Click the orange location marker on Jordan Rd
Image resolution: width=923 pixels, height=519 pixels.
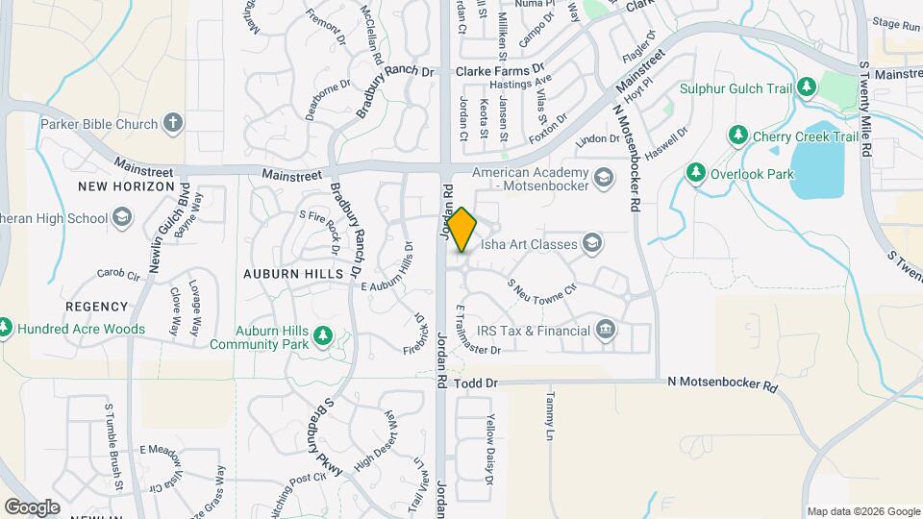click(462, 230)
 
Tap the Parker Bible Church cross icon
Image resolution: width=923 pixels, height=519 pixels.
click(173, 123)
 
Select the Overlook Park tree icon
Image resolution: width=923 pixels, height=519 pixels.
click(695, 173)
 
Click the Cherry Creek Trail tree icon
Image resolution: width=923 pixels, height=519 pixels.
click(738, 136)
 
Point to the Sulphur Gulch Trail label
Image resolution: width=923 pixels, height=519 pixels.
click(736, 88)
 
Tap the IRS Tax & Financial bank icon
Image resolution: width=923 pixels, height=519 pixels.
click(605, 330)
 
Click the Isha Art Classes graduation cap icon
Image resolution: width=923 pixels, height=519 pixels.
click(591, 243)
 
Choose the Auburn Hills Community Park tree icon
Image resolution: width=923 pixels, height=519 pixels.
click(324, 335)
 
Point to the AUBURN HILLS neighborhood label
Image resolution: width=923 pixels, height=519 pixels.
click(293, 274)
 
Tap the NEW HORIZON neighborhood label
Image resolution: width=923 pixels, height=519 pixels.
click(127, 186)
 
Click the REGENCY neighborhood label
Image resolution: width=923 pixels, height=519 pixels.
click(96, 307)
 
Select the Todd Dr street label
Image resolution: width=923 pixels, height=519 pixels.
click(477, 383)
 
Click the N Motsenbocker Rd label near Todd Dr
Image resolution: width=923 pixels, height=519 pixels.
click(722, 383)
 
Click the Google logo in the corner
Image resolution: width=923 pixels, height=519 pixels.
click(32, 507)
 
